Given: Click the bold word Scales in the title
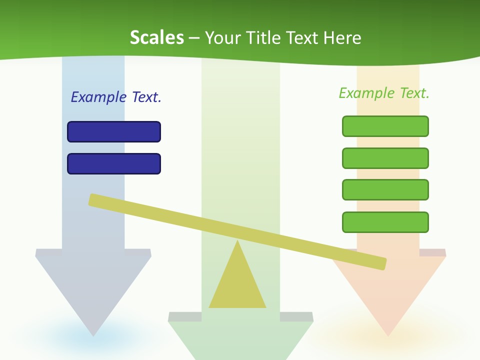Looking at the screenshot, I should coord(156,37).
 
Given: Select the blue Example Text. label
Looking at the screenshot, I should coord(116,97).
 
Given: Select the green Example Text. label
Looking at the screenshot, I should coord(384,93).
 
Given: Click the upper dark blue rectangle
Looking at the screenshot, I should coord(114,131).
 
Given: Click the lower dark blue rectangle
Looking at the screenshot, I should coord(114,163).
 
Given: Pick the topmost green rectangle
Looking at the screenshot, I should coord(385,126).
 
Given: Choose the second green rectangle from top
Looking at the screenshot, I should coord(385,158).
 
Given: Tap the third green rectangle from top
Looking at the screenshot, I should coord(385,190).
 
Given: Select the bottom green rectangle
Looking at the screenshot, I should coord(385,222).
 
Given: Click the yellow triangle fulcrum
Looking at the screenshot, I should coord(237,285).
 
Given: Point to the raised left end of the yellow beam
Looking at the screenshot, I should coord(93,200).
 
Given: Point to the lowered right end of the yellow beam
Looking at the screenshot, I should coord(382,263).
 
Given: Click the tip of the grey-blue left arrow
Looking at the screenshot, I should coord(93,334).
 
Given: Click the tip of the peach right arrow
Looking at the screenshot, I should coord(388,334).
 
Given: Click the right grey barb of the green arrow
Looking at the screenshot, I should coord(296,317).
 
